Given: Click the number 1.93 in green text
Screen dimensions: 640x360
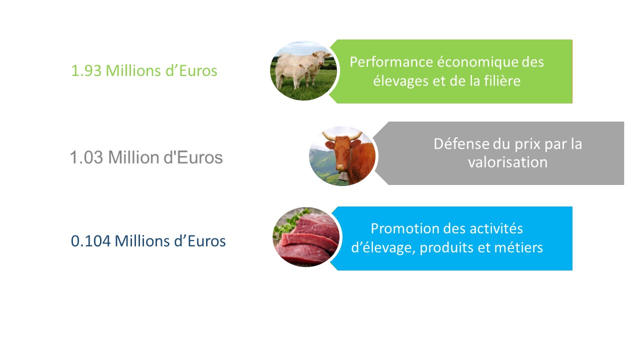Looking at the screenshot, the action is [86, 71].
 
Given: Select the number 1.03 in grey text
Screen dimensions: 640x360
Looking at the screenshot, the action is [86, 157].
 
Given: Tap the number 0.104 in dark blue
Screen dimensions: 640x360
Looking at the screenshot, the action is [90, 241].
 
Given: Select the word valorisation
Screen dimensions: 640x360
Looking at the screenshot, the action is [507, 162].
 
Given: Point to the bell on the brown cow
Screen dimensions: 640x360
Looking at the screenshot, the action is [343, 176].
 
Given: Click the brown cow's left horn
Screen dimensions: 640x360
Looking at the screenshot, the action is [328, 136].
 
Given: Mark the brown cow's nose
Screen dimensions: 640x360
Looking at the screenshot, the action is [341, 167].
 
